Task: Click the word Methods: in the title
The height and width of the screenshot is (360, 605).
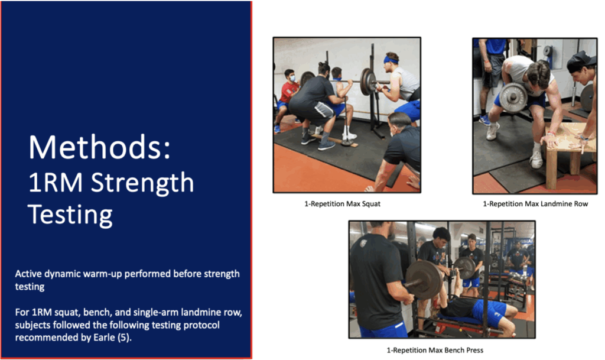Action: coord(99,147)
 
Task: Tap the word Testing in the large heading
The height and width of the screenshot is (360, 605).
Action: coord(70,215)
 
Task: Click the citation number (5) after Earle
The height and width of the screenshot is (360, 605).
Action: coord(123,338)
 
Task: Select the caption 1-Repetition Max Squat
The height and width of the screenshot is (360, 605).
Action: coord(342,204)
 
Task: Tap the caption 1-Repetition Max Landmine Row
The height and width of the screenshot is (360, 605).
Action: coord(535,204)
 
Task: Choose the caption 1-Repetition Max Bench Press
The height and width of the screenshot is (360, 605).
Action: coord(435,350)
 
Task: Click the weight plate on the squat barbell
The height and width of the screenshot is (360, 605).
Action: coord(368,82)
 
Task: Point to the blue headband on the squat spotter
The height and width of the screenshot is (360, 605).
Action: coord(391,60)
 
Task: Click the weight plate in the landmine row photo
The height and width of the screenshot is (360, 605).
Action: coord(513,97)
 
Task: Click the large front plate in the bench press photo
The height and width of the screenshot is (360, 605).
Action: coord(423,280)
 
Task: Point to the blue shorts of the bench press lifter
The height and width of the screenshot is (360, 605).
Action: coord(489,312)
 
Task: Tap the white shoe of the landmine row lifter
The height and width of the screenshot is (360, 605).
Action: coord(536,158)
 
